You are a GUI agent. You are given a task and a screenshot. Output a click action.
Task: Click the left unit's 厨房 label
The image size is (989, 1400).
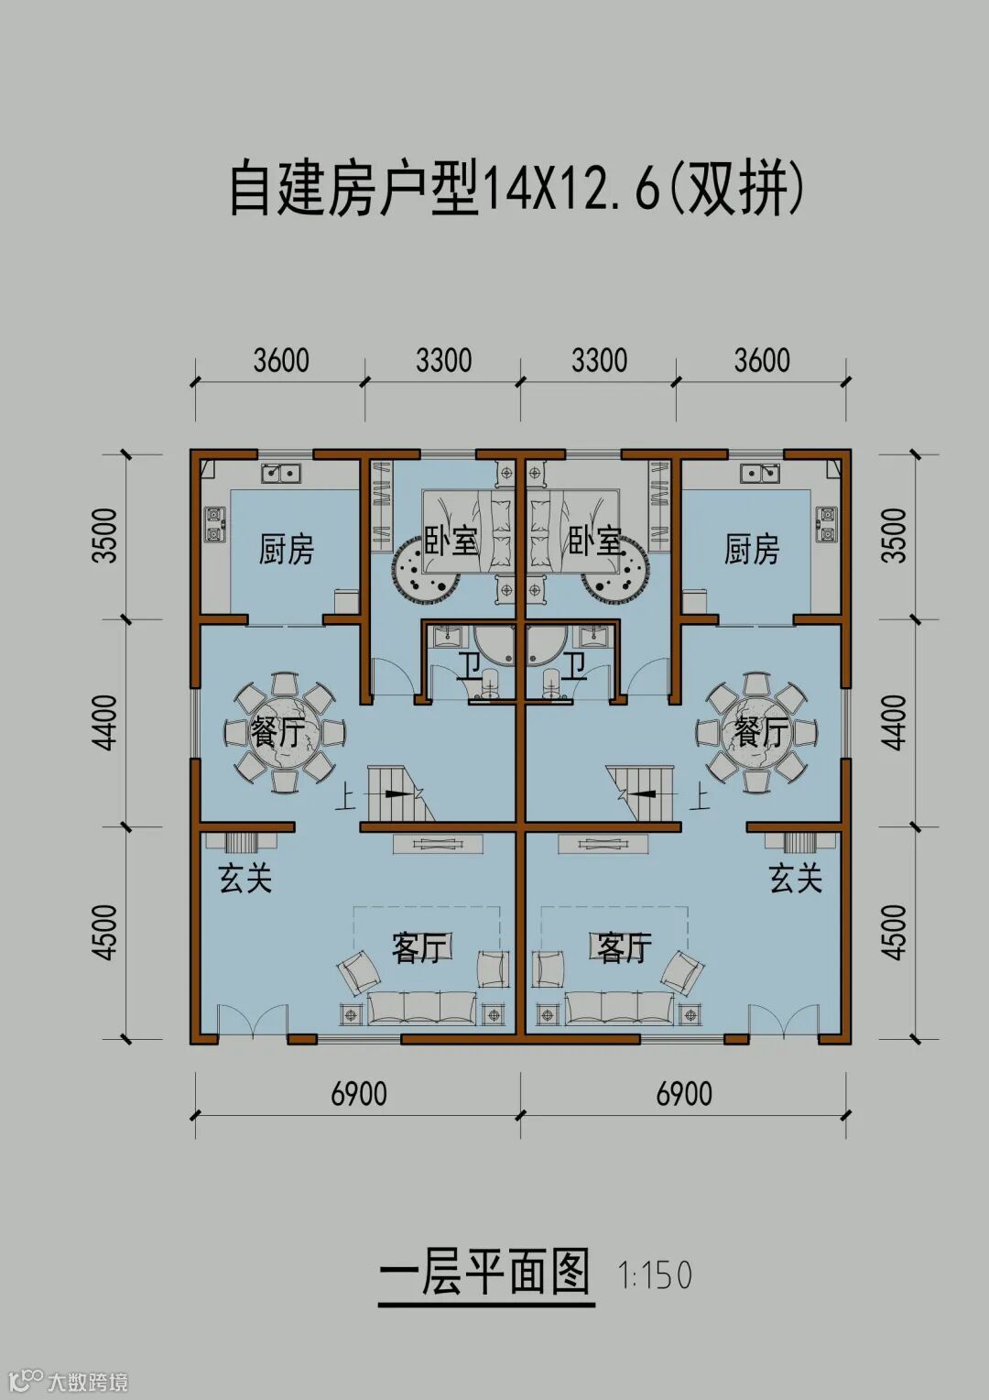point(287,550)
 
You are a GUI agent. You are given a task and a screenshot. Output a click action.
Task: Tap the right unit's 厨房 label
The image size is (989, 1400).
point(752,550)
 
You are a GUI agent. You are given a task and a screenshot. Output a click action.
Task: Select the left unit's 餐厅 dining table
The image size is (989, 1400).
point(286,732)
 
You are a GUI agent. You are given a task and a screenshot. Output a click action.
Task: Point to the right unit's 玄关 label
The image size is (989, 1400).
point(796,878)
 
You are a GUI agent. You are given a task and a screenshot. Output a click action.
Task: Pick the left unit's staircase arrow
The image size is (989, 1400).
point(401,793)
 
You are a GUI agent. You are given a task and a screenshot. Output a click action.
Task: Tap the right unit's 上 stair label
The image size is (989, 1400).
point(700,798)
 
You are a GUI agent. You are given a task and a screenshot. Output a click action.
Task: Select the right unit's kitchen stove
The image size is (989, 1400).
point(825,524)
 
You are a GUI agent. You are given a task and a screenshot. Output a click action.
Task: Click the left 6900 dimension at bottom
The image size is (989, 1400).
point(359,1094)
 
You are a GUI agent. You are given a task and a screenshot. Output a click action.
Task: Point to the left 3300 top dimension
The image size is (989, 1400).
point(443,361)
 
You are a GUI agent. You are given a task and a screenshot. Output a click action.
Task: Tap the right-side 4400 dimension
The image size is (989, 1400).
point(895,723)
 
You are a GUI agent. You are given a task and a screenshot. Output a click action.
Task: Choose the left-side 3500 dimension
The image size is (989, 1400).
point(104,535)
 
